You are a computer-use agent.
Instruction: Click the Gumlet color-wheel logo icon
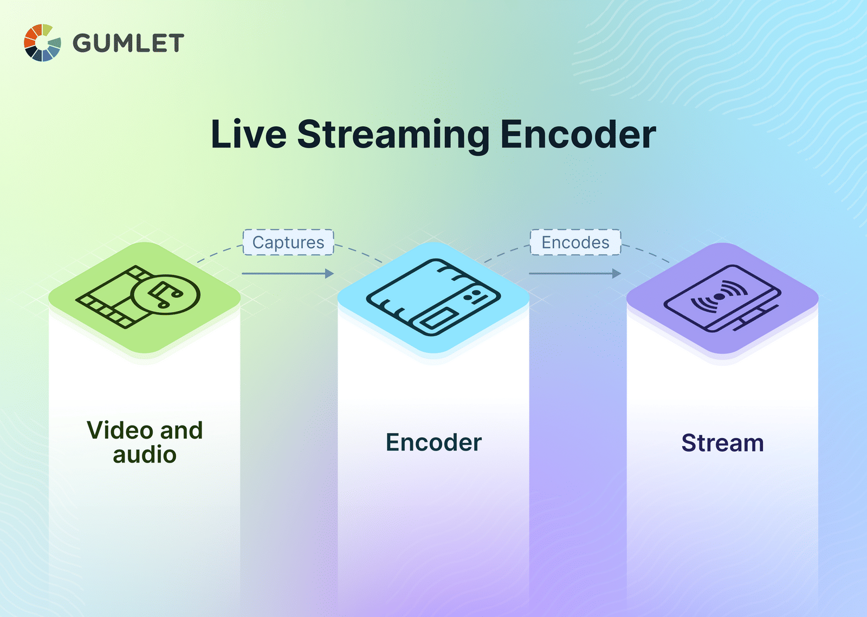[x=42, y=43]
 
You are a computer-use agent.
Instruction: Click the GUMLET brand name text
[x=128, y=43]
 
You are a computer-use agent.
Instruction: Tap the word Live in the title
[x=248, y=134]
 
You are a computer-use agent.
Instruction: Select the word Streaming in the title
[x=393, y=136]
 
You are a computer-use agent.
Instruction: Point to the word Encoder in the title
[x=578, y=134]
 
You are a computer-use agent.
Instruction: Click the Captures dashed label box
[x=288, y=242]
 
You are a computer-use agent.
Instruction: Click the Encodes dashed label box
[x=575, y=242]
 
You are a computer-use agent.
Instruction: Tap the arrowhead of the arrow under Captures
[x=329, y=274]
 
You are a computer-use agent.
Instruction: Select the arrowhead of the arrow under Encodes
[x=617, y=274]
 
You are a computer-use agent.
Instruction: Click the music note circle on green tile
[x=166, y=295]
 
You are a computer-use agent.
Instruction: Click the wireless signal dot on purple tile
[x=720, y=297]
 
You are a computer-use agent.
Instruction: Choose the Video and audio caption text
[x=145, y=442]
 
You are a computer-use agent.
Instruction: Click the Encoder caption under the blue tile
[x=433, y=442]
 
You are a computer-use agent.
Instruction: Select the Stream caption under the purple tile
[x=722, y=443]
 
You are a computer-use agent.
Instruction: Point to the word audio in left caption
[x=145, y=455]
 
